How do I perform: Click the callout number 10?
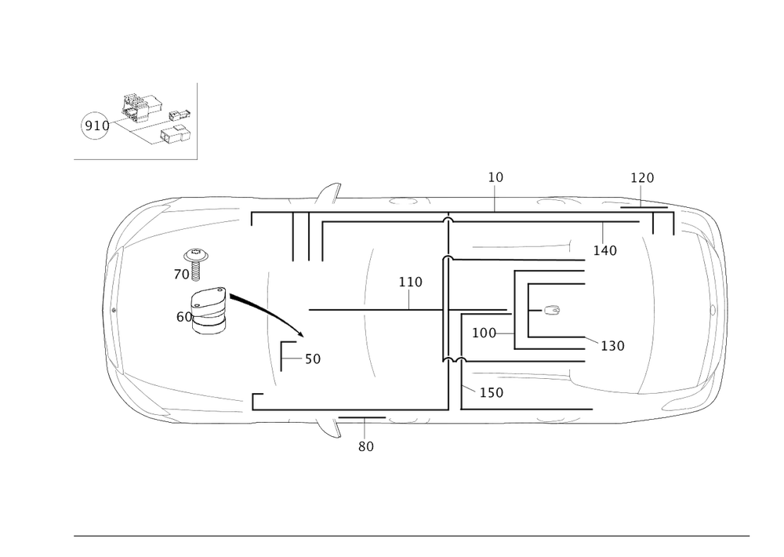click(495, 177)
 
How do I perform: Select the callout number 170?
click(642, 178)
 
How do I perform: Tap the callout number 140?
click(605, 251)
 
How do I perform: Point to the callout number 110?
click(411, 282)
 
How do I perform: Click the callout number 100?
click(484, 333)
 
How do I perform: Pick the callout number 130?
click(612, 345)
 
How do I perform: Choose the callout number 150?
click(492, 392)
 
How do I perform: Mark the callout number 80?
click(366, 446)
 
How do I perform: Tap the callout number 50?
click(312, 359)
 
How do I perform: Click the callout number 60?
click(184, 316)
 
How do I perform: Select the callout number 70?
click(180, 275)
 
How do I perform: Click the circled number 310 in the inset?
click(95, 126)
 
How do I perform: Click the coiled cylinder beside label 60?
click(210, 311)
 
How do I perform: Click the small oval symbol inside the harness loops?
click(552, 310)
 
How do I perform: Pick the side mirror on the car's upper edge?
click(329, 191)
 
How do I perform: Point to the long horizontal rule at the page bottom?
click(412, 537)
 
